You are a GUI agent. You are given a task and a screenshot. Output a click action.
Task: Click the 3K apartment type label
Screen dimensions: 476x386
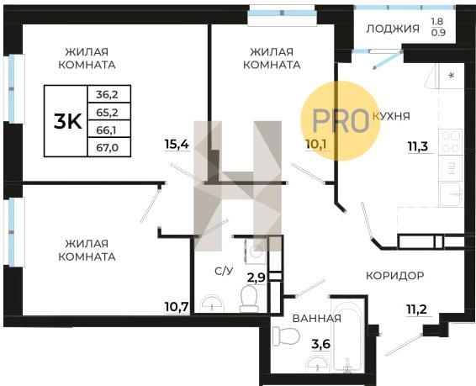pyautogui.click(x=67, y=122)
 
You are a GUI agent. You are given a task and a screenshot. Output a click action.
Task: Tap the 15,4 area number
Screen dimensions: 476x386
pyautogui.click(x=177, y=144)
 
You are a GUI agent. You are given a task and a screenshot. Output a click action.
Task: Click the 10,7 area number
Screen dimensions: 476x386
pyautogui.click(x=177, y=307)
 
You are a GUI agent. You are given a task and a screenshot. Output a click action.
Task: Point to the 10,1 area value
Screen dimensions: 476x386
pyautogui.click(x=316, y=145)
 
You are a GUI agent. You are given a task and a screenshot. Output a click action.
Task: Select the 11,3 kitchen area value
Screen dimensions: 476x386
pyautogui.click(x=418, y=146)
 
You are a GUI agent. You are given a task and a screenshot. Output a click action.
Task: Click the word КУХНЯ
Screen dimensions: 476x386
pyautogui.click(x=391, y=116)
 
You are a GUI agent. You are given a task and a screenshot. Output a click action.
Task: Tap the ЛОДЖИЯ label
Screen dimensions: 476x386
pyautogui.click(x=393, y=29)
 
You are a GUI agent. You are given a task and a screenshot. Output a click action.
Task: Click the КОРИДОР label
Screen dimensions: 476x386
pyautogui.click(x=395, y=276)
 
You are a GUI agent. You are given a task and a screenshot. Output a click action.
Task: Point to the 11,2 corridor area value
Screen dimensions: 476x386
pyautogui.click(x=417, y=309)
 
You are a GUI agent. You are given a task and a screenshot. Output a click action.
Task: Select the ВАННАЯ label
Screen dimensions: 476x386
pyautogui.click(x=316, y=319)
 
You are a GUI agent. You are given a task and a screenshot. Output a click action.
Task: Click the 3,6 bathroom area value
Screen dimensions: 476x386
pyautogui.click(x=321, y=345)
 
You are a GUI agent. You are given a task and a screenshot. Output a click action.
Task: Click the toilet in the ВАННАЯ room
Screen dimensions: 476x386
pyautogui.click(x=286, y=336)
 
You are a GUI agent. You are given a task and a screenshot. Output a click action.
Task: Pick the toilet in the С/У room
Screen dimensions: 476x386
pyautogui.click(x=249, y=299)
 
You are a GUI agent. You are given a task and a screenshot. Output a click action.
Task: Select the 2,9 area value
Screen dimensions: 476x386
pyautogui.click(x=257, y=278)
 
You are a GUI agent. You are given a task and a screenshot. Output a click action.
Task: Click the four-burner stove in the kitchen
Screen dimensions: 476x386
pyautogui.click(x=451, y=142)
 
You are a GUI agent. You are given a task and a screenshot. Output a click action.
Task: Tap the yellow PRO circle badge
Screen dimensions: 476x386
pyautogui.click(x=341, y=121)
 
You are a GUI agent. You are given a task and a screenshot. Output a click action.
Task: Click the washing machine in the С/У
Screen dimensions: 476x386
pyautogui.click(x=256, y=251)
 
